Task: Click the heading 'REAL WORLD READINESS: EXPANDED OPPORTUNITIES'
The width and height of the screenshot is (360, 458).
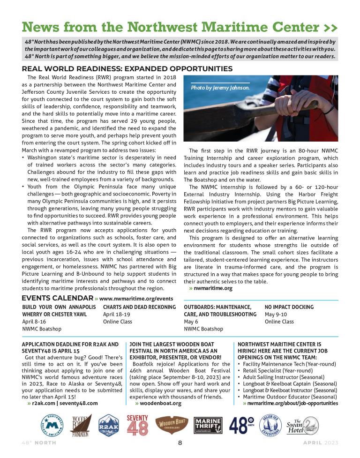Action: click(x=127, y=69)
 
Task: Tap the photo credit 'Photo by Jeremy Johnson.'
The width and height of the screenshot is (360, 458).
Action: click(x=220, y=88)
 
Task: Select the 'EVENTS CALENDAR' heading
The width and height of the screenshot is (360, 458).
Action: click(x=58, y=298)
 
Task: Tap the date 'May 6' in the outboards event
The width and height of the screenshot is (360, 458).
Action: click(x=191, y=322)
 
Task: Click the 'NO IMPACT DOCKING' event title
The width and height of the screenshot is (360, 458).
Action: click(x=289, y=307)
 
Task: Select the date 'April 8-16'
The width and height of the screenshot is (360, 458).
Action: click(x=35, y=322)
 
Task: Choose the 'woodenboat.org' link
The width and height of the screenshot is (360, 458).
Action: click(x=158, y=403)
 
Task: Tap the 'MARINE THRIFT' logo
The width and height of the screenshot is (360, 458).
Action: click(x=207, y=425)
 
